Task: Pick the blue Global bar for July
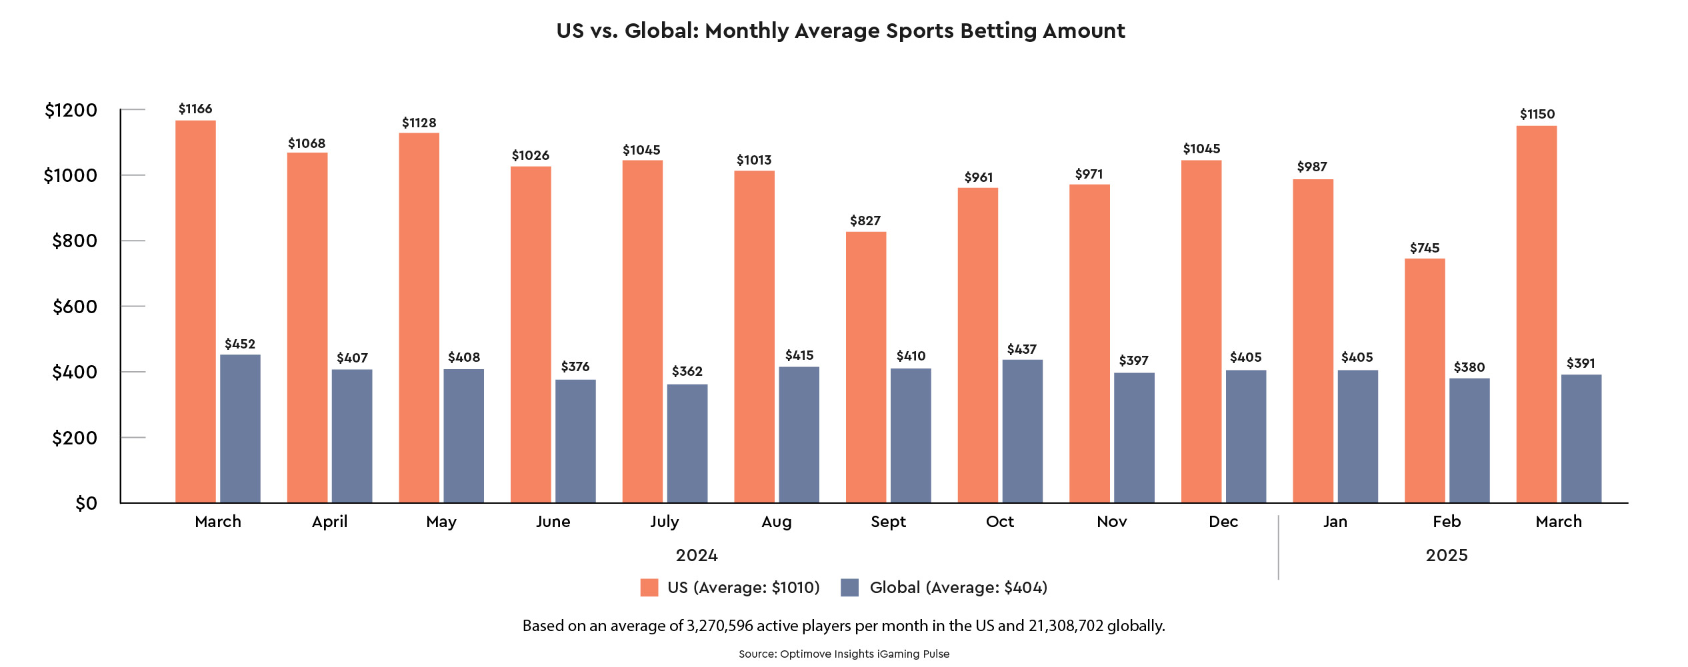tap(687, 443)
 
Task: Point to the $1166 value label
tap(195, 109)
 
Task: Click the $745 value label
tap(1424, 248)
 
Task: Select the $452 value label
tap(240, 344)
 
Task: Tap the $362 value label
tap(687, 371)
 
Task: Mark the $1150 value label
tap(1537, 114)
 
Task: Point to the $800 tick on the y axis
tap(75, 241)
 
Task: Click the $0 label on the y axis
tap(86, 503)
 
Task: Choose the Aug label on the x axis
tap(776, 522)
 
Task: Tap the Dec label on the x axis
tap(1223, 522)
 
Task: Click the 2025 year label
tap(1446, 555)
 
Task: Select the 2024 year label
tap(697, 555)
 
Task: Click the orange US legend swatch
tap(649, 587)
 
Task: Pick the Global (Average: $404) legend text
tap(958, 587)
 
